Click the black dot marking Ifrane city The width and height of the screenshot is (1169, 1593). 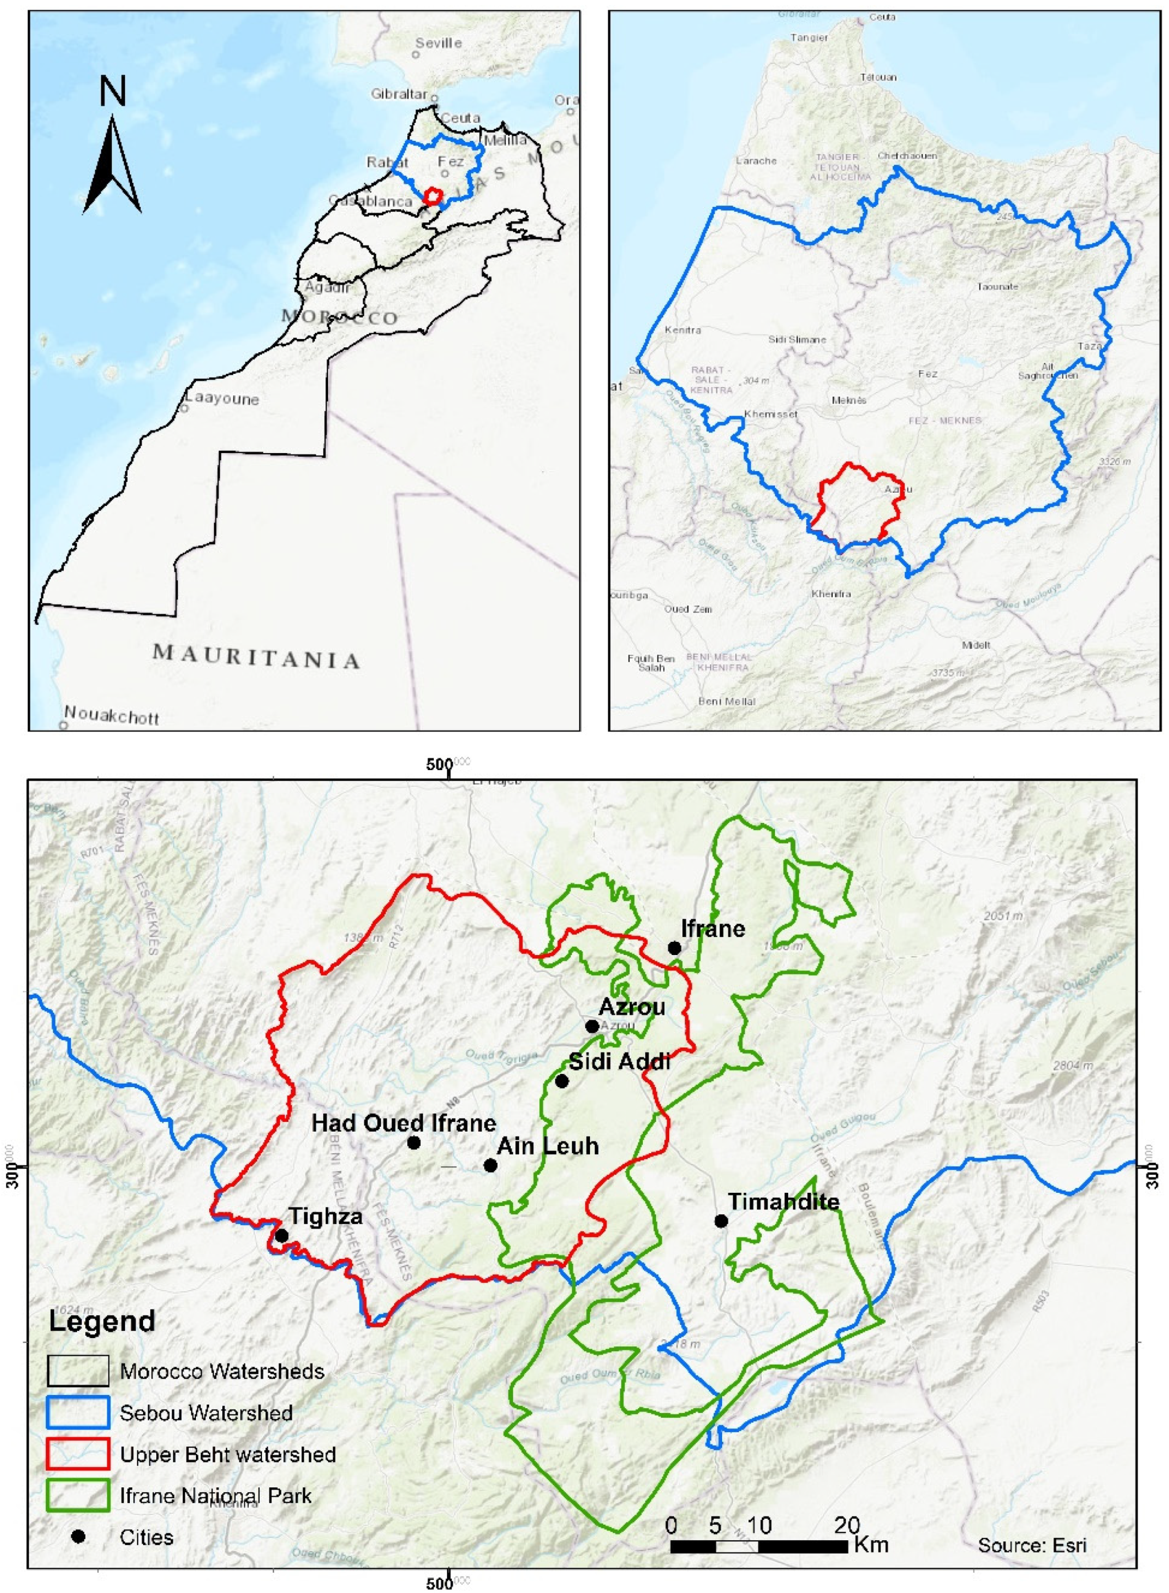click(674, 947)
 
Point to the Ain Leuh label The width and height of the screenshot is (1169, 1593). click(548, 1145)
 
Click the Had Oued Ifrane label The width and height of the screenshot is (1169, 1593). click(404, 1123)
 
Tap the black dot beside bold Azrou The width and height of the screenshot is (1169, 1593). click(592, 1026)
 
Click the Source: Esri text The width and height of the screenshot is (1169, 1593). click(1032, 1545)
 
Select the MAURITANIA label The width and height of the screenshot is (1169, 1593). click(256, 656)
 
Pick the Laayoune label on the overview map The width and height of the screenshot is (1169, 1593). click(221, 399)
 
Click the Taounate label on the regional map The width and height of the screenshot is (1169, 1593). click(997, 287)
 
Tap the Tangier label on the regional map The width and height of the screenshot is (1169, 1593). click(810, 37)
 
